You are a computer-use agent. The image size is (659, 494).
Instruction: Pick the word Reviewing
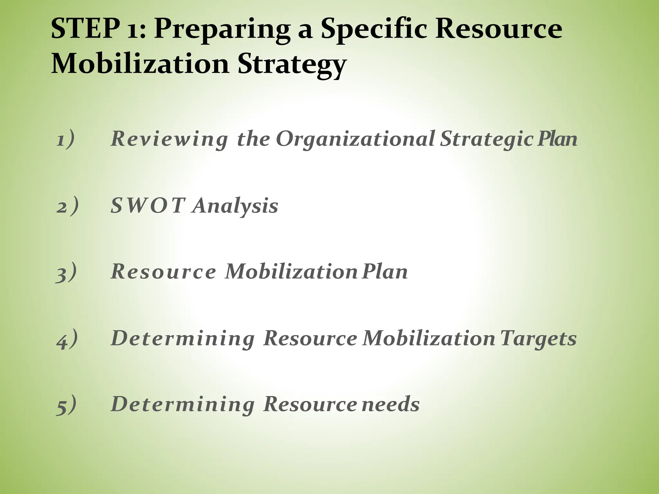169,140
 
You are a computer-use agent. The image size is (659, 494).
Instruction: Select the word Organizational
355,140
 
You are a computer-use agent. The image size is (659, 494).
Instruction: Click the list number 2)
67,206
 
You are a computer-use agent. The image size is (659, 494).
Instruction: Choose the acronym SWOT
148,206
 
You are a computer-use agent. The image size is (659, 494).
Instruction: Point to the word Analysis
235,206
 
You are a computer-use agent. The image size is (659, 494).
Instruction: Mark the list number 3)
66,272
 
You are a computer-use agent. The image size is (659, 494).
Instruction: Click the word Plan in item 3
385,272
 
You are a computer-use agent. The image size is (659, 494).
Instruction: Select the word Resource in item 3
163,272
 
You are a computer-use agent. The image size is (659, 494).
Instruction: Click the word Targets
538,339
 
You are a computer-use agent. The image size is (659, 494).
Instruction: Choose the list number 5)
66,405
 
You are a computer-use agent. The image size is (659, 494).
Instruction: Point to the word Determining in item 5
182,405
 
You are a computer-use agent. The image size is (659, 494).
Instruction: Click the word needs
391,404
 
